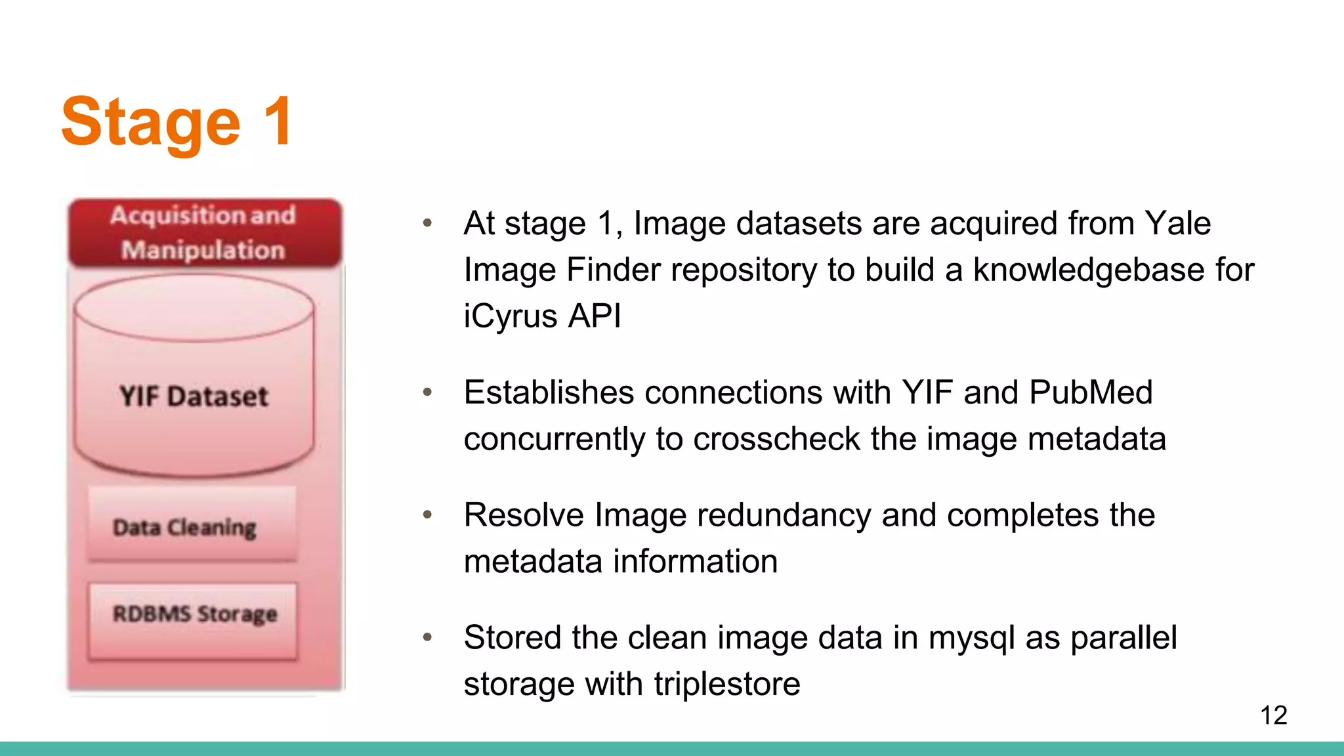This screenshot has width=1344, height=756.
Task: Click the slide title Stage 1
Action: click(x=176, y=122)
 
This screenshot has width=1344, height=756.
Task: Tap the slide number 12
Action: click(x=1273, y=715)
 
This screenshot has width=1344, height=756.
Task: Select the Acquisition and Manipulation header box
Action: click(x=204, y=233)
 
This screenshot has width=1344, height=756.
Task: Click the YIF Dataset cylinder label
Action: click(x=194, y=396)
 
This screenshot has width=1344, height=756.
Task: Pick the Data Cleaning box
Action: click(x=192, y=526)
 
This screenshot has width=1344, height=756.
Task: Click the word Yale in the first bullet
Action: click(x=1177, y=223)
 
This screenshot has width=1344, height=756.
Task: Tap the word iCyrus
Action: click(x=511, y=316)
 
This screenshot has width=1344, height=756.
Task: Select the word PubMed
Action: click(x=1090, y=392)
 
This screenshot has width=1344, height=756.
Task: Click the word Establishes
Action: click(x=548, y=392)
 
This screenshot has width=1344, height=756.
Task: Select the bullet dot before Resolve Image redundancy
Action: click(x=427, y=514)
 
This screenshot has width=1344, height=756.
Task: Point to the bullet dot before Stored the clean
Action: click(x=427, y=637)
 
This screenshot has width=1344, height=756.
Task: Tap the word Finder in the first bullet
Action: click(x=613, y=270)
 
